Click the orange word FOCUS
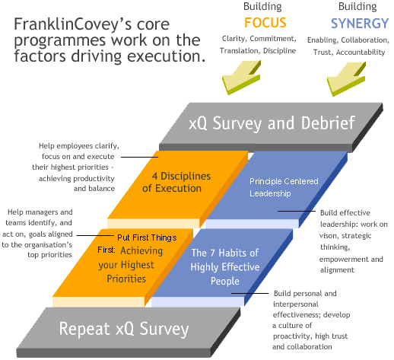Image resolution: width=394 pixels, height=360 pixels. [x=265, y=23]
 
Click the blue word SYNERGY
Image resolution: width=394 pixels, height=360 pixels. [x=360, y=24]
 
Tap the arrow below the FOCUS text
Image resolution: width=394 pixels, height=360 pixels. [x=241, y=78]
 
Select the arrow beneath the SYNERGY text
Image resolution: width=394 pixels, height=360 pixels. [x=346, y=79]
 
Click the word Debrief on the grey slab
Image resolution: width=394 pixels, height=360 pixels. [x=328, y=123]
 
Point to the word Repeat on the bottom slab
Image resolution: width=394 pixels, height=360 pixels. [x=84, y=329]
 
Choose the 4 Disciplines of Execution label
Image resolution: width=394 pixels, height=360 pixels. [x=176, y=182]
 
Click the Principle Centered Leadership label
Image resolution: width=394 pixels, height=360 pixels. [x=284, y=187]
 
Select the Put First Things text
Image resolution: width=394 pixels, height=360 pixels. [x=147, y=237]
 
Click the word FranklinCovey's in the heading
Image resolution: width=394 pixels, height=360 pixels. [x=73, y=24]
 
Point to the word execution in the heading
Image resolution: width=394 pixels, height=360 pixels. [x=167, y=56]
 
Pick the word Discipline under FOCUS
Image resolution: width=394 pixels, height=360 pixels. [x=279, y=51]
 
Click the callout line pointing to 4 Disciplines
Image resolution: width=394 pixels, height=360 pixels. [x=140, y=157]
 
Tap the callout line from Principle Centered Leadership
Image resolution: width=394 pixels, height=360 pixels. [x=297, y=211]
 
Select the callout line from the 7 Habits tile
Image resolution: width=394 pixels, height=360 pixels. [x=249, y=293]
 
